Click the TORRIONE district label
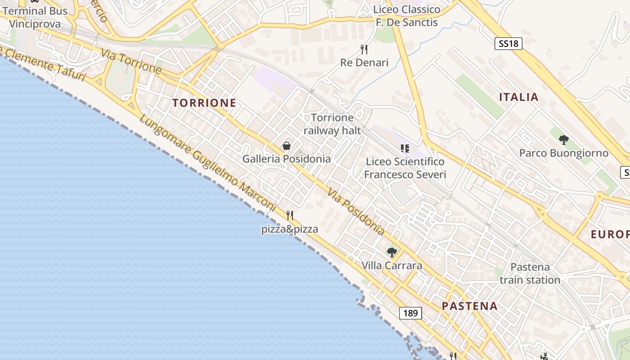pos(204,103)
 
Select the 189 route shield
pos(410,313)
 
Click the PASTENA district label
pos(469,306)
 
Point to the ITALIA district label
pos(519,97)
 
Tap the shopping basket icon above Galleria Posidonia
pos(287,146)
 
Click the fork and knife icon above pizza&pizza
pos(290,216)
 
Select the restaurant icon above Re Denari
pos(364,49)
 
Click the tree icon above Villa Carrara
pos(392,252)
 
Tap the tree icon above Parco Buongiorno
pos(563,139)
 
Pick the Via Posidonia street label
pos(356,211)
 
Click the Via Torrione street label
pos(131,62)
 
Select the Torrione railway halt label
pos(333,124)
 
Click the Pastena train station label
pos(530,274)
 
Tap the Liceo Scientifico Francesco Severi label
pos(405,168)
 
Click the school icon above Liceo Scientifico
pos(405,148)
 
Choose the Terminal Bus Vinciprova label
pos(35,18)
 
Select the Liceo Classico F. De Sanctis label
pos(407,16)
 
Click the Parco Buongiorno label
pos(563,153)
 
